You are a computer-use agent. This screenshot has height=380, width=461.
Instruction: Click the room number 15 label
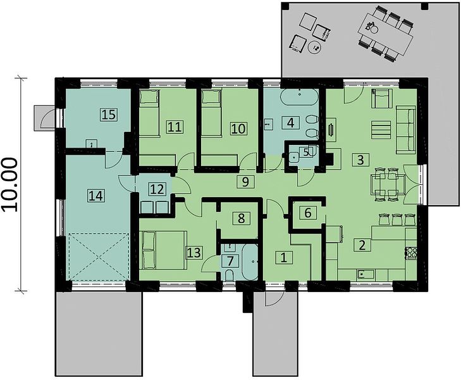pyautogui.click(x=109, y=115)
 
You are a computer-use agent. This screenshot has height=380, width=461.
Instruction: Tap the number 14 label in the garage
pyautogui.click(x=96, y=196)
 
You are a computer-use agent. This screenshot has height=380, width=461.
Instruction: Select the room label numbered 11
pyautogui.click(x=175, y=127)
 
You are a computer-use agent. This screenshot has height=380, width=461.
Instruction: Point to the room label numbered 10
pyautogui.click(x=238, y=129)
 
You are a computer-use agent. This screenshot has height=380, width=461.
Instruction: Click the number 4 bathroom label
pyautogui.click(x=290, y=122)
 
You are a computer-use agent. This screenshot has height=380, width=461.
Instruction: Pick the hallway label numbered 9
pyautogui.click(x=245, y=182)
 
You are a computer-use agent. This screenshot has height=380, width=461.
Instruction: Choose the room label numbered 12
pyautogui.click(x=157, y=189)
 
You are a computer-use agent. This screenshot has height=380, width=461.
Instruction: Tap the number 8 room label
pyautogui.click(x=241, y=218)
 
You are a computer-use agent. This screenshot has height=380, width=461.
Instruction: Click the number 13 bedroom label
pyautogui.click(x=194, y=252)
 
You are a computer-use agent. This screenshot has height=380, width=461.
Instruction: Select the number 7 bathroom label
pyautogui.click(x=230, y=261)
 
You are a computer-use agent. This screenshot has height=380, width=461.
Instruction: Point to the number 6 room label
pyautogui.click(x=308, y=213)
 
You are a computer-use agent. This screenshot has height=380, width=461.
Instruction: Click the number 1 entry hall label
pyautogui.click(x=284, y=258)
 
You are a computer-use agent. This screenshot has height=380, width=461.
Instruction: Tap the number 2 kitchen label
pyautogui.click(x=362, y=244)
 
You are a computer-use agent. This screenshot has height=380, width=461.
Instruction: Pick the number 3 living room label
pyautogui.click(x=360, y=160)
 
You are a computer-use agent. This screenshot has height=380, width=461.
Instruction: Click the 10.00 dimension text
pyautogui.click(x=11, y=184)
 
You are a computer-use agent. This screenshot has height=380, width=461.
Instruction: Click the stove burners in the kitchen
pyautogui.click(x=411, y=252)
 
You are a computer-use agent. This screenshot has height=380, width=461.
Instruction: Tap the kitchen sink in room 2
pyautogui.click(x=366, y=274)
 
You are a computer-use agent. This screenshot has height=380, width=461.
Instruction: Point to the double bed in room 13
pyautogui.click(x=164, y=250)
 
